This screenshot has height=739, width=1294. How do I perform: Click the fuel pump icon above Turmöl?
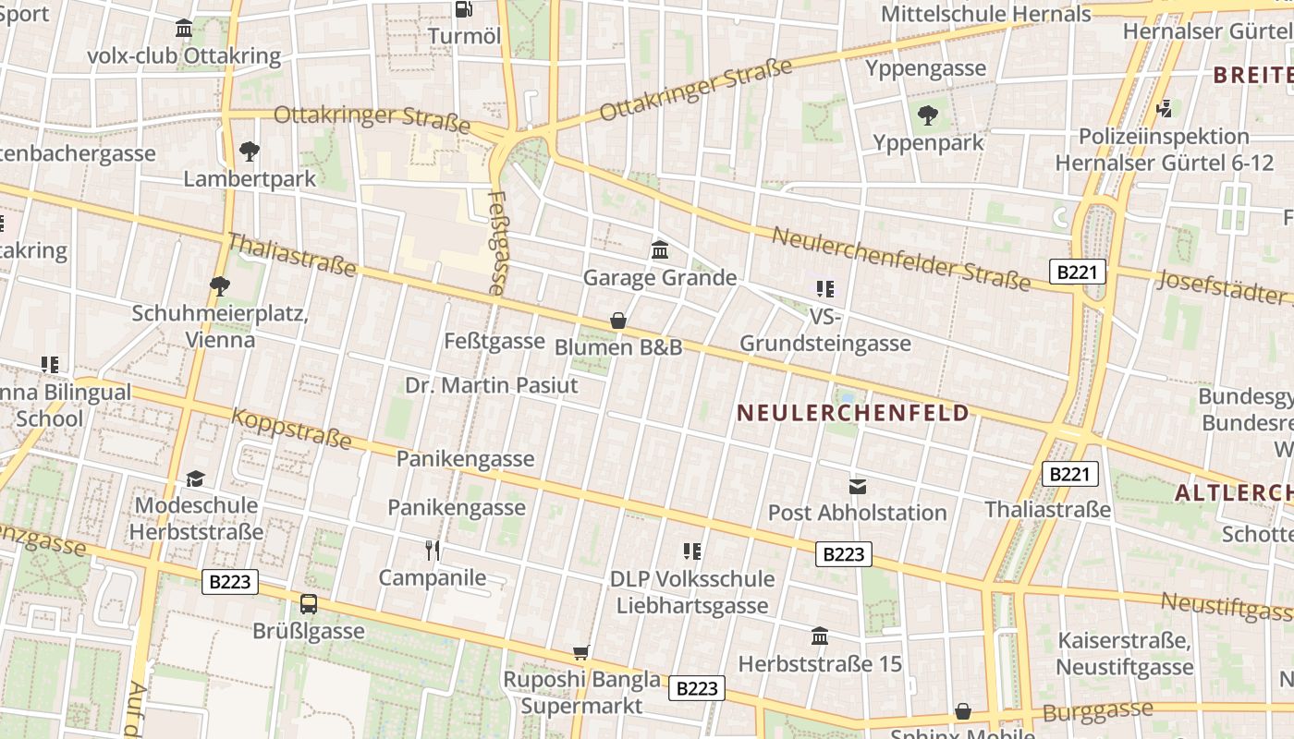464,10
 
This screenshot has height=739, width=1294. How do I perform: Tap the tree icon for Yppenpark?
928,115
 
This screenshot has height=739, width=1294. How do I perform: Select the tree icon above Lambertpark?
249,151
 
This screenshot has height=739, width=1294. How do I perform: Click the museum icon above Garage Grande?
660,249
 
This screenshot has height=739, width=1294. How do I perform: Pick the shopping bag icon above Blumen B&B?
618,321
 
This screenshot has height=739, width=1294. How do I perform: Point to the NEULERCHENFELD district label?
853,413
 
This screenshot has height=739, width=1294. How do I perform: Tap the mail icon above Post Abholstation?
858,486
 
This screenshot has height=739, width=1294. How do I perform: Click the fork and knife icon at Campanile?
433,551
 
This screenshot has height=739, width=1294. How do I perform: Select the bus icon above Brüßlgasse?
309,604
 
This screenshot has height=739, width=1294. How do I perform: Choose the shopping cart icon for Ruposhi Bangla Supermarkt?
581,653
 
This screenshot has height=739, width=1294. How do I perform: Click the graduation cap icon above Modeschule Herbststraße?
196,479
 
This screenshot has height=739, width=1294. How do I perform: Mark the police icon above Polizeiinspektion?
1165,109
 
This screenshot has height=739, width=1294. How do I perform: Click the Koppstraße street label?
291,429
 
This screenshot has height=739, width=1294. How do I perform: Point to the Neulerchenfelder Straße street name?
900,258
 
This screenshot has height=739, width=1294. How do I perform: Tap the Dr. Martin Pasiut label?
492,384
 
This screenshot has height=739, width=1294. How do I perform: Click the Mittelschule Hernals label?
985,14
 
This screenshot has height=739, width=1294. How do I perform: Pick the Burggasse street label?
1098,711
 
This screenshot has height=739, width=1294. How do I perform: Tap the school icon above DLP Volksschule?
692,551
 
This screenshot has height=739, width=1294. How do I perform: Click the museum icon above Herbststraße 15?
820,636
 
